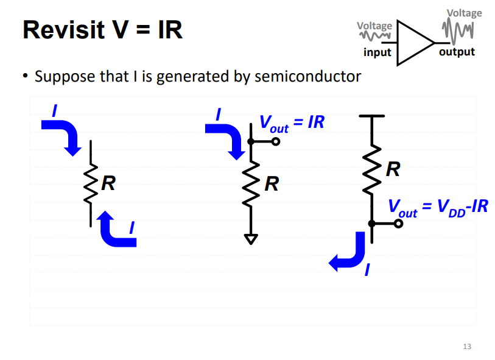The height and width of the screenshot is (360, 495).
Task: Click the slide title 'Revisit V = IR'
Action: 102,30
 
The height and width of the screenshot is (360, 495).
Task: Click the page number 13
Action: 467,347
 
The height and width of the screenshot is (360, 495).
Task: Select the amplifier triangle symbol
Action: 415,43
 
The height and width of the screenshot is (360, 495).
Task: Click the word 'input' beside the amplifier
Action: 377,52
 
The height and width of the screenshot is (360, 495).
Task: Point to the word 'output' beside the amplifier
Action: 457,52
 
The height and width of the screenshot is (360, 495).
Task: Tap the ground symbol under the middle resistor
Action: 250,239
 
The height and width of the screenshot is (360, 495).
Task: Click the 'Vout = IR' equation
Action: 292,123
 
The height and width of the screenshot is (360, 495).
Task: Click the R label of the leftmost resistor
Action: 108,182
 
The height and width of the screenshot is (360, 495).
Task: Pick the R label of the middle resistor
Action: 272,183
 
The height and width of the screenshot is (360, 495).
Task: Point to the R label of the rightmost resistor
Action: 393,169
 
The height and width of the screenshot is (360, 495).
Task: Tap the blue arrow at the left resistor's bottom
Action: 116,230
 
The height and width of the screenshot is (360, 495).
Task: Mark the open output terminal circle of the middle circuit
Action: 276,142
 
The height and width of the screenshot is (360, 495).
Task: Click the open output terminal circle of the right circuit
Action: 398,224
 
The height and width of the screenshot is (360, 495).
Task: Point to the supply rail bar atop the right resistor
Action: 371,115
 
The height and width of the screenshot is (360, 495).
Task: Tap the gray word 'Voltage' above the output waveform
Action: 464,13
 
